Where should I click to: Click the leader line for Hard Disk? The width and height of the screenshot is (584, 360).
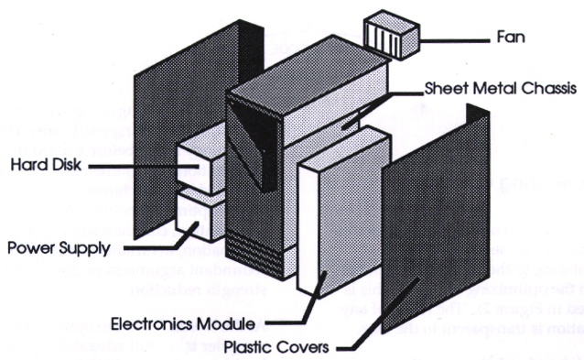tap(137, 167)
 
